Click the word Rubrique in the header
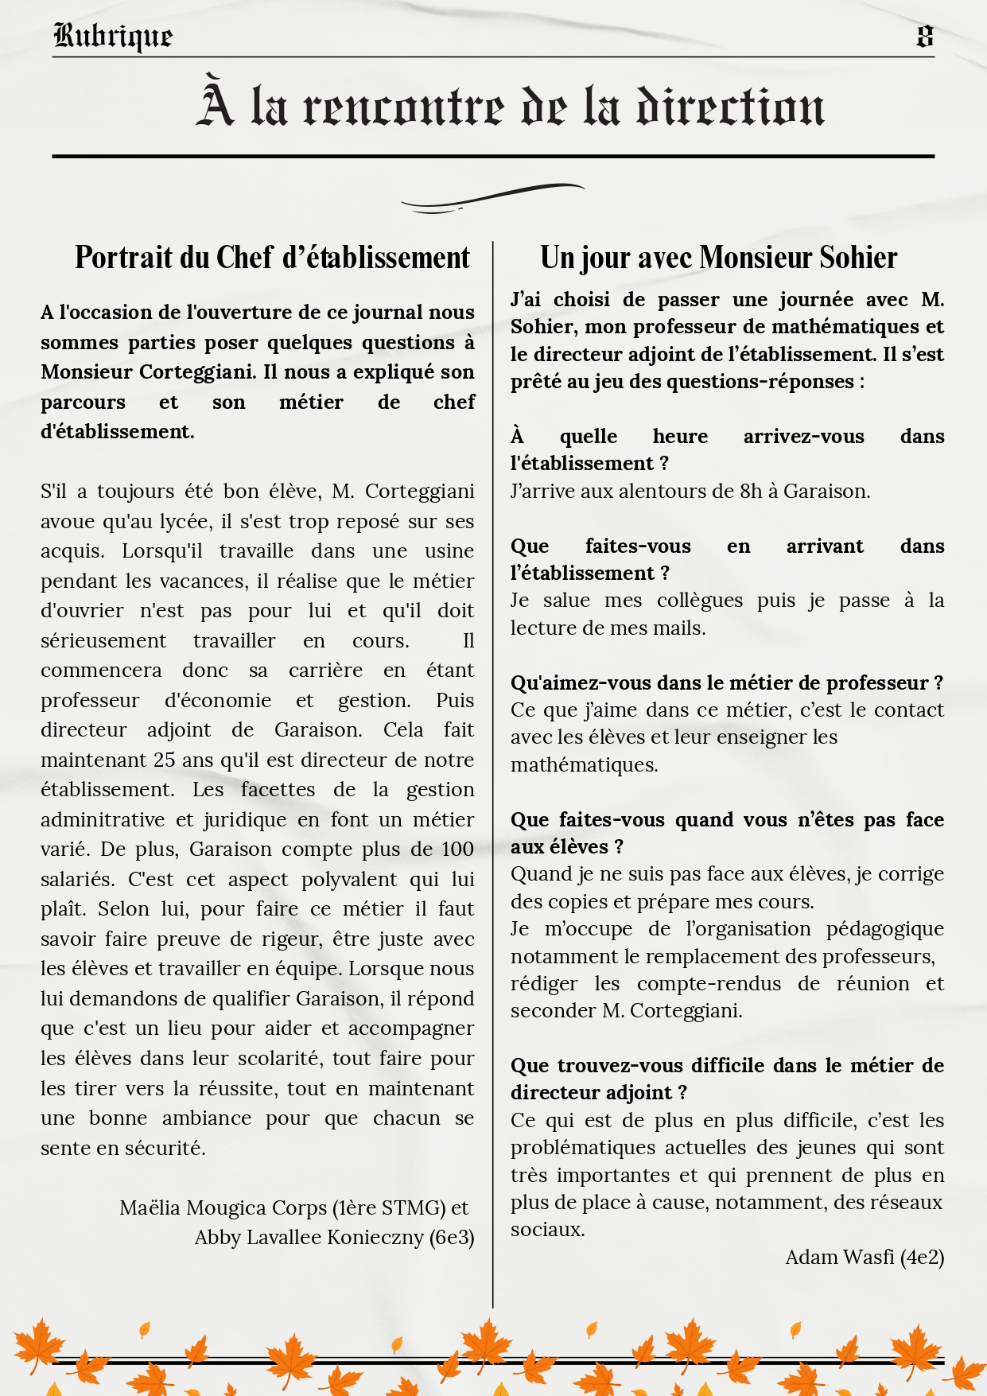pos(112,36)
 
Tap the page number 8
pos(924,36)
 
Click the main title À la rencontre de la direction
pos(510,105)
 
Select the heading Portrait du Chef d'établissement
pos(272,258)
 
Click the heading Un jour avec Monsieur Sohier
pos(718,258)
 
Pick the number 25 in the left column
pos(164,760)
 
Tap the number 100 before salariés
pos(457,849)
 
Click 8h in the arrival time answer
pos(751,491)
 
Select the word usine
pos(450,550)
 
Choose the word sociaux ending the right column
pos(547,1229)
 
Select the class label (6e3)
pos(452,1237)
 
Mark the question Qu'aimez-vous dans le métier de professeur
pos(726,682)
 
